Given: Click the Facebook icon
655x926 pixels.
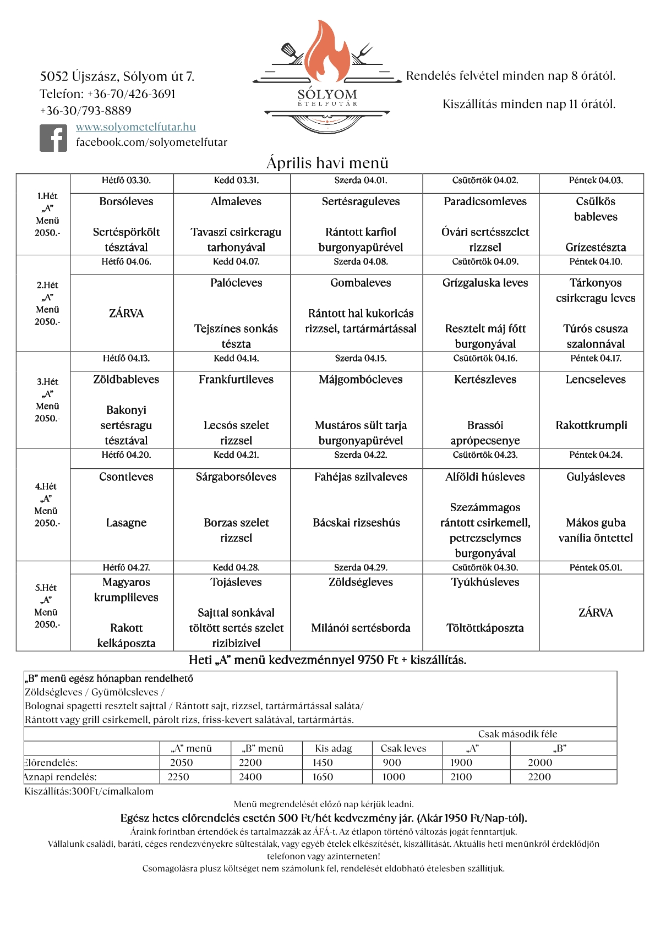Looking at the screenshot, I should tap(53, 138).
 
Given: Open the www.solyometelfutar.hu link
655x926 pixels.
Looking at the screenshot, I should tap(136, 127).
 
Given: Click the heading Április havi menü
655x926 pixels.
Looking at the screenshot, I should tap(327, 163).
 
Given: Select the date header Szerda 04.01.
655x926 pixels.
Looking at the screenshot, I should tap(361, 180).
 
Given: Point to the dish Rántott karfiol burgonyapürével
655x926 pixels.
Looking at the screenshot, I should tap(361, 239).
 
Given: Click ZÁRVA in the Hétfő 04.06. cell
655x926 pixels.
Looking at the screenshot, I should tap(126, 313).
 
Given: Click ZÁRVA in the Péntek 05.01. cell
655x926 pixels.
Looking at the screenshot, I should tap(596, 612).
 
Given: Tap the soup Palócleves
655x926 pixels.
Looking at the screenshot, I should tap(236, 283).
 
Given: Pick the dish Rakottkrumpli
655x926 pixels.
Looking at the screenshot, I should tap(591, 425).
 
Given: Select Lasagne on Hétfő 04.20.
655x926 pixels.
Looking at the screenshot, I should tap(126, 523).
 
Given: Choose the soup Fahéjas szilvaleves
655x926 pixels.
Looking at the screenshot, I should tap(361, 477).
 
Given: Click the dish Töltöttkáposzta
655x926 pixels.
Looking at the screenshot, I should tap(485, 628).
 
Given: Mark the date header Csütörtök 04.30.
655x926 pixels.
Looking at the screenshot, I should tap(485, 567).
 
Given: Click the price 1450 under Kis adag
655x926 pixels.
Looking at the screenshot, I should tap(323, 763).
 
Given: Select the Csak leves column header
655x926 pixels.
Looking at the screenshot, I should tap(403, 748).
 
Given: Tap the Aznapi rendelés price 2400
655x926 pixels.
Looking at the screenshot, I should tap(250, 777).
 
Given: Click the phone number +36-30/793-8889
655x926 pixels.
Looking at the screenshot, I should tap(86, 111).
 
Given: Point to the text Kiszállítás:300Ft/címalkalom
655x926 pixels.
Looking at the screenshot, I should tap(89, 791).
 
